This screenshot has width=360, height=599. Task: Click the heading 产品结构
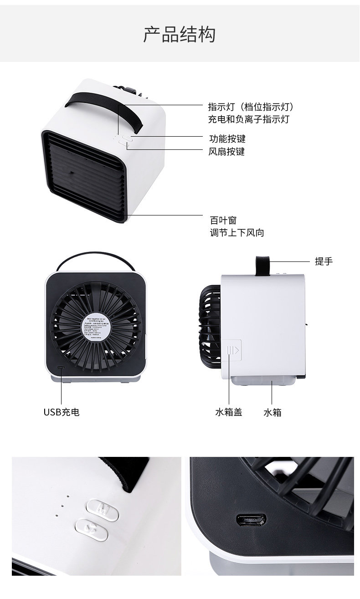pyautogui.click(x=180, y=35)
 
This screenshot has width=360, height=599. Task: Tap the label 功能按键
pyautogui.click(x=227, y=138)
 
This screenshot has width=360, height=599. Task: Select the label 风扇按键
pyautogui.click(x=227, y=151)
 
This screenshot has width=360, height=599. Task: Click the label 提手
pyautogui.click(x=324, y=261)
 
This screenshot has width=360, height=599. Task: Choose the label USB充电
pyautogui.click(x=62, y=412)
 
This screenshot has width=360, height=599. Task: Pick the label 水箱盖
pyautogui.click(x=228, y=412)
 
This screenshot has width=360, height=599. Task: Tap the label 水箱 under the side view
pyautogui.click(x=272, y=412)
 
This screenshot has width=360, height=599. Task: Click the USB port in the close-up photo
pyautogui.click(x=252, y=520)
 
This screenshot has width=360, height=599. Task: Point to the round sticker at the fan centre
pyautogui.click(x=95, y=327)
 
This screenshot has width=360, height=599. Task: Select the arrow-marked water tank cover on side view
pyautogui.click(x=234, y=349)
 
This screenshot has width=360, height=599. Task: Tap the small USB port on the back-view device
pyautogui.click(x=61, y=367)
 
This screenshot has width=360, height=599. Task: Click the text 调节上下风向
pyautogui.click(x=237, y=233)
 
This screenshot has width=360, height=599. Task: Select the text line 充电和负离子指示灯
pyautogui.click(x=248, y=119)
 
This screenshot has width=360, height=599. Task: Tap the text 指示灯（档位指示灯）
pyautogui.click(x=250, y=107)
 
